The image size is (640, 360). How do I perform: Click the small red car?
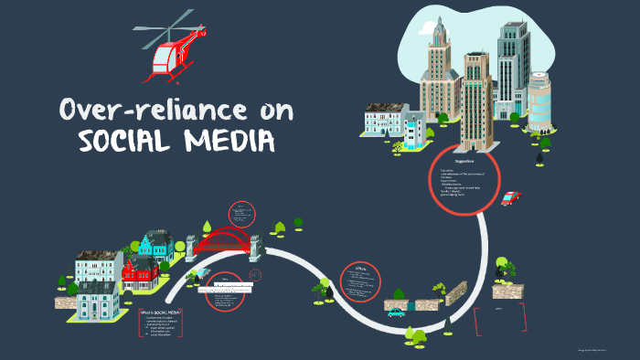pyautogui.click(x=509, y=198)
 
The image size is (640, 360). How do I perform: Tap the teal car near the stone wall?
pyautogui.click(x=396, y=312)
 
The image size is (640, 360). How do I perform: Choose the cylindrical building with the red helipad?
pyautogui.click(x=539, y=101)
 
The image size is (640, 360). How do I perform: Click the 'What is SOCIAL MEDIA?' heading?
pyautogui.click(x=161, y=312)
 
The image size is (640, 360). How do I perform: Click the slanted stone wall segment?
pyautogui.click(x=460, y=293)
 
